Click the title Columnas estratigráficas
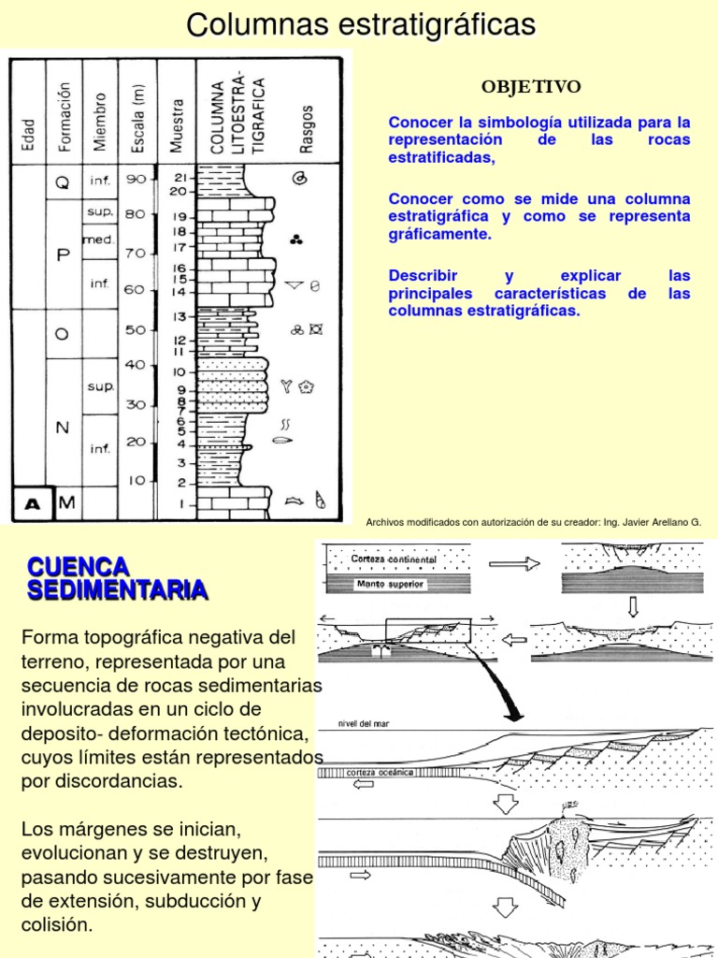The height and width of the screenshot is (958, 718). tap(361, 25)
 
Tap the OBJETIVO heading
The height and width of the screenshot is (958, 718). tap(531, 87)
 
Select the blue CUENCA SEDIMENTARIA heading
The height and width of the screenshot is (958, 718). tap(117, 577)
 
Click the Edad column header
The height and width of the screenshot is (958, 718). tap(28, 136)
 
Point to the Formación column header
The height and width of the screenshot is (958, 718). tap(65, 117)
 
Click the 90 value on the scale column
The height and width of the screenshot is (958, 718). tap(136, 179)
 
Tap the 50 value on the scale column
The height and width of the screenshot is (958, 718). tap(136, 329)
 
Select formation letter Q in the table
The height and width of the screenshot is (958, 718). tap(63, 184)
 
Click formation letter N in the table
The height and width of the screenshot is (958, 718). tap(63, 428)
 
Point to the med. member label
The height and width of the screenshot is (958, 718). tap(98, 239)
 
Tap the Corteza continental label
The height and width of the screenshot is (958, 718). tap(394, 559)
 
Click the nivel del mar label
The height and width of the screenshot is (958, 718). tap(356, 723)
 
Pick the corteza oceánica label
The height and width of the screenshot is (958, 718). tap(380, 773)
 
